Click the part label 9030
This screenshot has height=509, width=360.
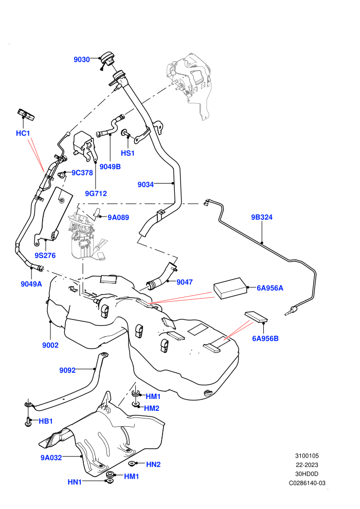81,60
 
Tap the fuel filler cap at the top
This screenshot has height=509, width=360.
107,60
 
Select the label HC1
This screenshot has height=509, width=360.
23,133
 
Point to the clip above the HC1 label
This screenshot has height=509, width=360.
26,115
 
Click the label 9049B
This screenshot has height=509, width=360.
110,167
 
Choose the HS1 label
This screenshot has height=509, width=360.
128,153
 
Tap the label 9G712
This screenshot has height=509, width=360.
96,193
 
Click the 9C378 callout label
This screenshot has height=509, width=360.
82,173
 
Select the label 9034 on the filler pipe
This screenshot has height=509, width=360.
146,185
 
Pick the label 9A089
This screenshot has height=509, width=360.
118,217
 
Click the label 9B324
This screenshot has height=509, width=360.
262,217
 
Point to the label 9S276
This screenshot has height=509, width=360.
45,256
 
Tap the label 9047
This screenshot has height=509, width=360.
185,282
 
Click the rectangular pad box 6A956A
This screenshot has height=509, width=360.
230,288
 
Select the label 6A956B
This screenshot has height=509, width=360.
265,338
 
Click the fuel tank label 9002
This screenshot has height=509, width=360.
50,345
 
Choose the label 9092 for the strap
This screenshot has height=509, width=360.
67,370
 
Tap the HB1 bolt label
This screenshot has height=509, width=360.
45,421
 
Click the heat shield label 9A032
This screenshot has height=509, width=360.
51,458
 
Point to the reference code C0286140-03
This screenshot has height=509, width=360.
307,483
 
